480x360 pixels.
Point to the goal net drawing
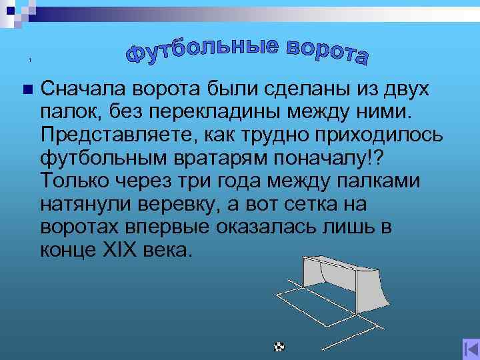(x=343, y=280)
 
